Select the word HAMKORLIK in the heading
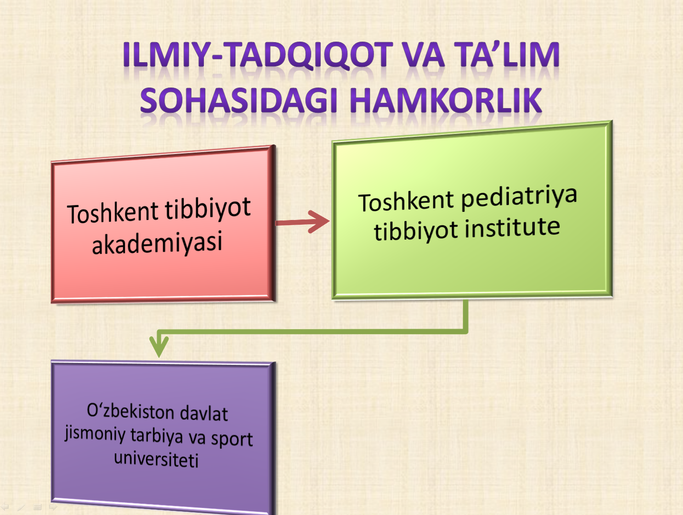[x=446, y=100]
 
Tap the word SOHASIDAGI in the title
[x=239, y=100]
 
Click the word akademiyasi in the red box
[x=157, y=243]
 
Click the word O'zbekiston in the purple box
[x=130, y=411]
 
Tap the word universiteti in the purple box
[x=156, y=460]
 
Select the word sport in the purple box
[x=232, y=439]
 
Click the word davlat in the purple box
[x=204, y=414]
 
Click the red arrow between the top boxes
[x=302, y=222]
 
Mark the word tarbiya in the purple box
[x=157, y=436]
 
